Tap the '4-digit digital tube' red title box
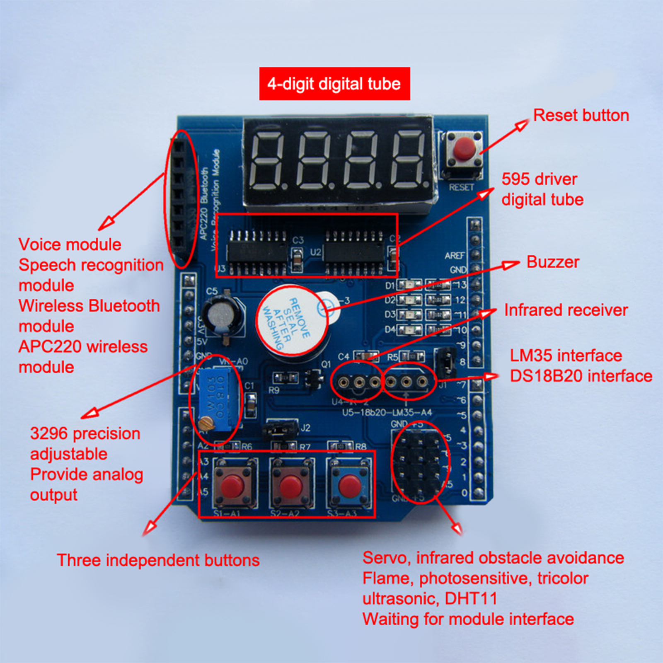(x=334, y=84)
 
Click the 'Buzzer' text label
(x=552, y=262)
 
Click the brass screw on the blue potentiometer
(x=206, y=423)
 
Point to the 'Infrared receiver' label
(x=566, y=310)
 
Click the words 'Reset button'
(x=581, y=115)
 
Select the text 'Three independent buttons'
(x=158, y=560)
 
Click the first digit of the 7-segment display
(x=267, y=160)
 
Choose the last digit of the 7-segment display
(x=409, y=160)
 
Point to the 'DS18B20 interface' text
(x=581, y=376)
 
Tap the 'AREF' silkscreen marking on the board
(x=454, y=256)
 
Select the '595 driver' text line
(x=539, y=179)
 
